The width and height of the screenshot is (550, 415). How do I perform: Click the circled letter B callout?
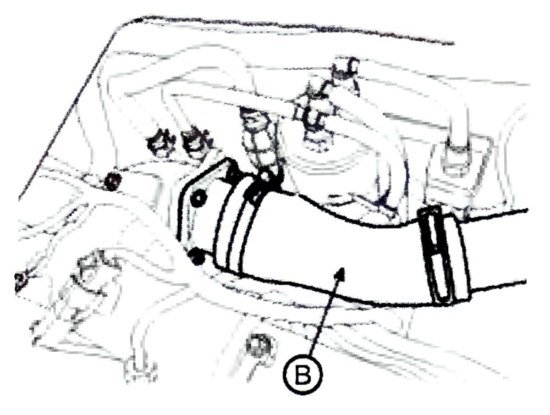tap(302, 374)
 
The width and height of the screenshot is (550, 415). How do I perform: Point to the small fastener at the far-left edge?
tap(19, 280)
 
